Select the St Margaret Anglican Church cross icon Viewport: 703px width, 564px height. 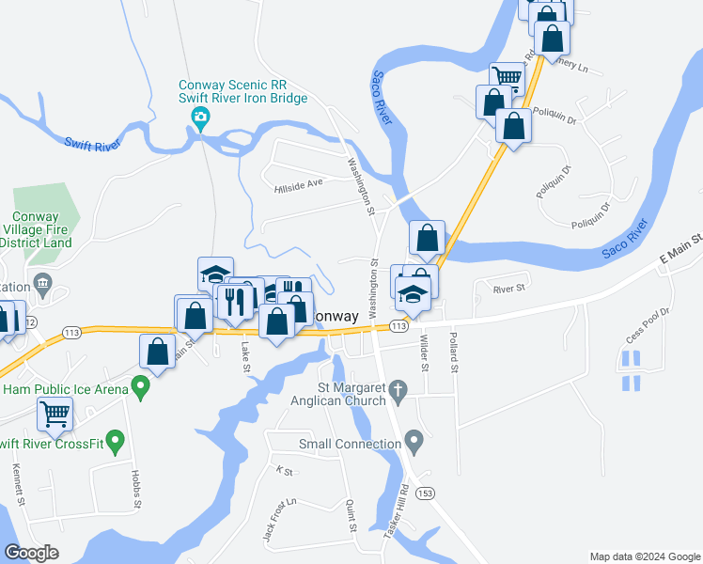point(398,388)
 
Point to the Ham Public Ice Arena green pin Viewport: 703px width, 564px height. point(141,385)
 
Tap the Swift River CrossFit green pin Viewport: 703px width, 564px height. point(117,439)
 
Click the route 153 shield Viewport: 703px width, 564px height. point(427,493)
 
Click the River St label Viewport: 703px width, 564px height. point(508,290)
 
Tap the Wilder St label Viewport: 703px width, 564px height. point(424,352)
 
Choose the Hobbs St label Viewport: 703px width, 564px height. point(136,490)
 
